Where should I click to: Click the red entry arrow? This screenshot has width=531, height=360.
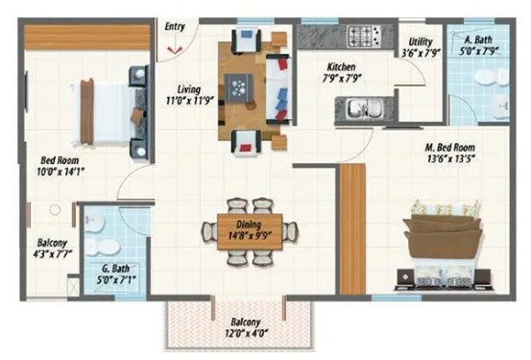(x=175, y=51)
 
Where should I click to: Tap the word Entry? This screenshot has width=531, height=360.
(x=175, y=27)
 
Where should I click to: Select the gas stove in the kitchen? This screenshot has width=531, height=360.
(x=364, y=36)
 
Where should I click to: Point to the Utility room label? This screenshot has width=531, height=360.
(x=421, y=42)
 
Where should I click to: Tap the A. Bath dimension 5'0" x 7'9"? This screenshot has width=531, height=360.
(x=479, y=52)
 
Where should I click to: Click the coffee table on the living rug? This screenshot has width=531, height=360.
(x=239, y=87)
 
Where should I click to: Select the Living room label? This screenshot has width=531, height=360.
(x=189, y=89)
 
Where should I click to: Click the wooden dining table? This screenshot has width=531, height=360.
(x=250, y=231)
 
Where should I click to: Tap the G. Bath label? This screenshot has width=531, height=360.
(x=116, y=269)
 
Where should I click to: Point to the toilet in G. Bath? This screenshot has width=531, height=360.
(x=103, y=247)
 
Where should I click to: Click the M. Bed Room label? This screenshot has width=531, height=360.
(x=450, y=148)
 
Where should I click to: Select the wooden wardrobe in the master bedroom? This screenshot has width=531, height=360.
(x=352, y=228)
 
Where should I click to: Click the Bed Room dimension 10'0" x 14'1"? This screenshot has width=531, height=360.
(x=60, y=173)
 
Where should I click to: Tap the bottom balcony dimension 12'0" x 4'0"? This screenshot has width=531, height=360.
(x=246, y=333)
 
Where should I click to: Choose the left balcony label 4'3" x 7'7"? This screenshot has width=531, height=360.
(x=52, y=254)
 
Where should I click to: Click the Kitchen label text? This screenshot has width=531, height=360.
(x=341, y=66)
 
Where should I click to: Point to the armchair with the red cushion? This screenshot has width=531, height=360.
(x=247, y=143)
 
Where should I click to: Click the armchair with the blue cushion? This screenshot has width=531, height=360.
(x=247, y=40)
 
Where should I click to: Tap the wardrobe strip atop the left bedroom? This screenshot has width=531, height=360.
(x=87, y=37)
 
